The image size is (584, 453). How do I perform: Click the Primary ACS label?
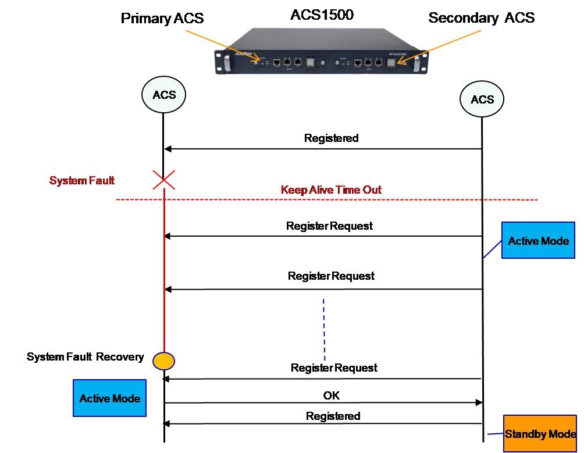(x=162, y=19)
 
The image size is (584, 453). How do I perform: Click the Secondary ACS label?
(x=481, y=18)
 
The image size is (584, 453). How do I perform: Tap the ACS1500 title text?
(x=322, y=15)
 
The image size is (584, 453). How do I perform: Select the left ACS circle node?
(x=163, y=95)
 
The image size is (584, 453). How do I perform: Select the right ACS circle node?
(x=482, y=99)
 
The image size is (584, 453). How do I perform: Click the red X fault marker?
(x=163, y=180)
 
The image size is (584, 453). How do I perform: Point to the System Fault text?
(x=82, y=181)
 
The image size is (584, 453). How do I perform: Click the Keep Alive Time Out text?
(x=331, y=190)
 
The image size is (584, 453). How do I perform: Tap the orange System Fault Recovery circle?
(x=163, y=361)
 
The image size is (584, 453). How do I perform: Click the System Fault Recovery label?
(x=85, y=356)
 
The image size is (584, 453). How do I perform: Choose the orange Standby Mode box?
(x=540, y=434)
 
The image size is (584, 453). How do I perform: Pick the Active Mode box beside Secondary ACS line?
(x=538, y=240)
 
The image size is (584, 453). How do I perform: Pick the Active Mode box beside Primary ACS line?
(x=109, y=398)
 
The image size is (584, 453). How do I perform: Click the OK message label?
(x=331, y=395)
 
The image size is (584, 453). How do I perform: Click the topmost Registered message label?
(x=331, y=138)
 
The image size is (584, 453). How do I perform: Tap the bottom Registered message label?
(x=333, y=416)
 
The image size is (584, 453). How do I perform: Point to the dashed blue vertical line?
(x=323, y=329)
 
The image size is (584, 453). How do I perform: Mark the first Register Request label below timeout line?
(x=329, y=226)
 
